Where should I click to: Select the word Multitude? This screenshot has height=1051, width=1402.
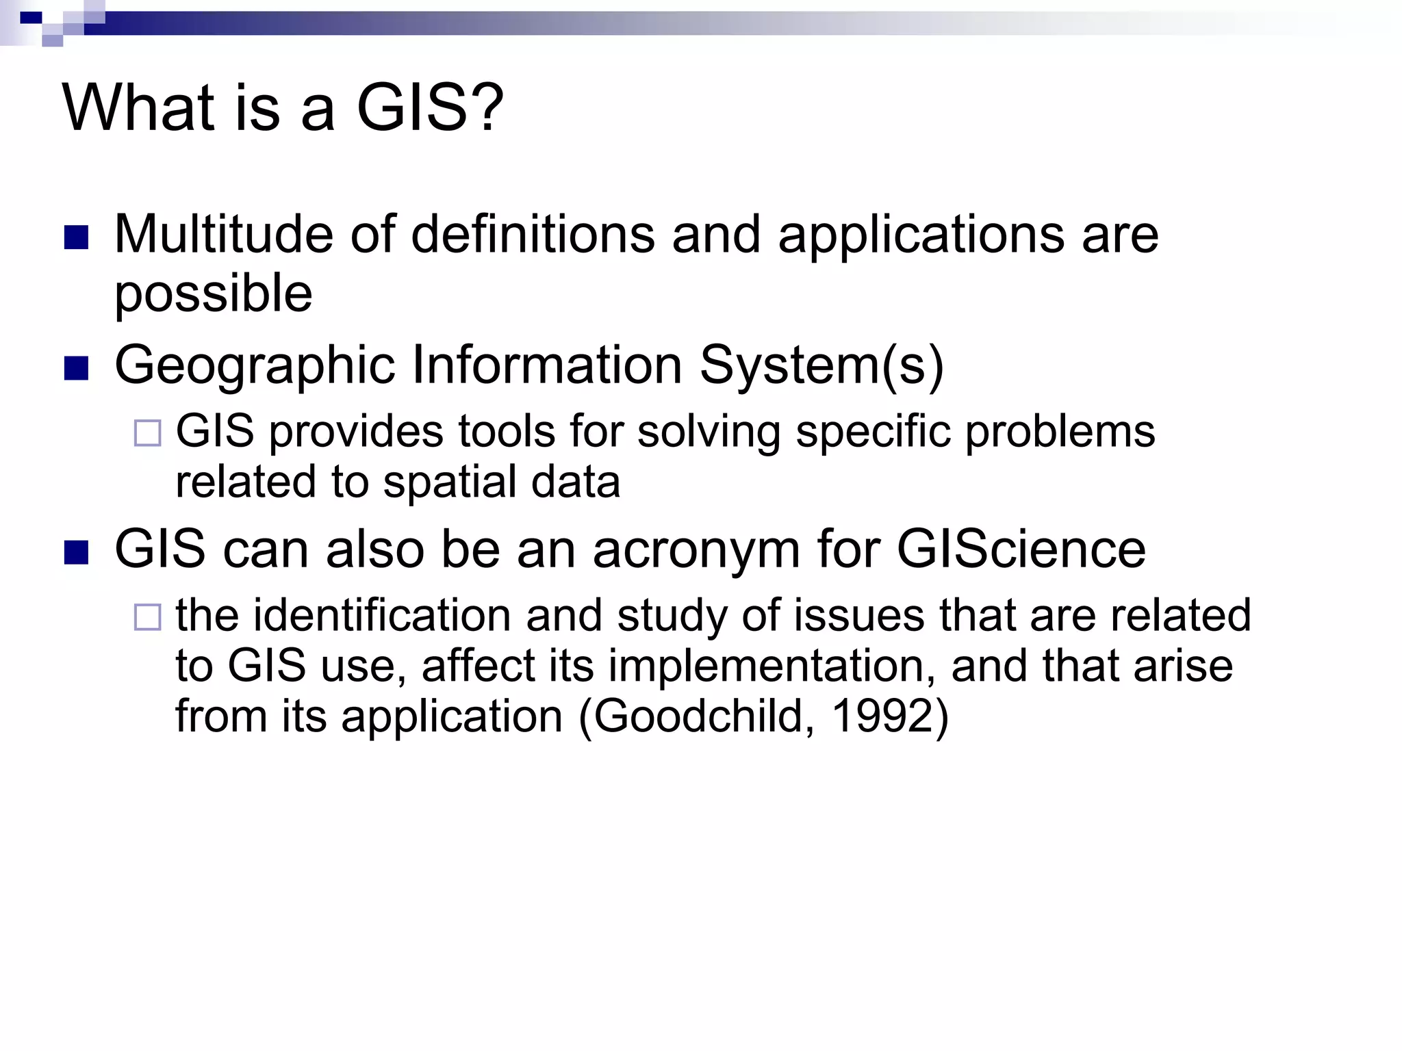223,235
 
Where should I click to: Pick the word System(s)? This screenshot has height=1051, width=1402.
821,365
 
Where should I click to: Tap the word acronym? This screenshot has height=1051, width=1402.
696,549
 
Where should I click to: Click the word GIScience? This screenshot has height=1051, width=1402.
1021,549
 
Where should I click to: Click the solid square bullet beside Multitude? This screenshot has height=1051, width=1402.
76,237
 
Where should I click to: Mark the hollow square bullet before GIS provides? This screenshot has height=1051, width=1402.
147,433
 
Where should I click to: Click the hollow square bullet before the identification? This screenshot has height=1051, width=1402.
147,617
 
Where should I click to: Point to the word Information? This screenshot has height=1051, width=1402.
546,365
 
